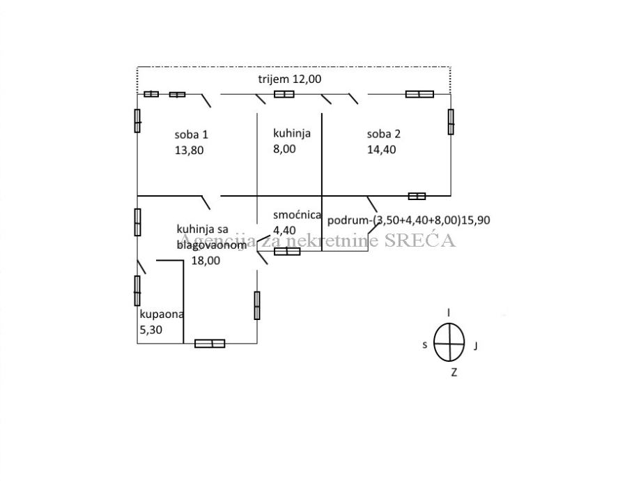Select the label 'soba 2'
383,135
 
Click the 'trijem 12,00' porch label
290,79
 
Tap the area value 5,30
152,330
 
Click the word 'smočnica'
297,215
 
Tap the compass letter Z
454,372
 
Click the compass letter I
449,313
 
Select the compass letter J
475,344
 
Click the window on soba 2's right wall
451,121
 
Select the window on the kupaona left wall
137,290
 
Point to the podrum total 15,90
477,220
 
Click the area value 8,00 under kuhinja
284,148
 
